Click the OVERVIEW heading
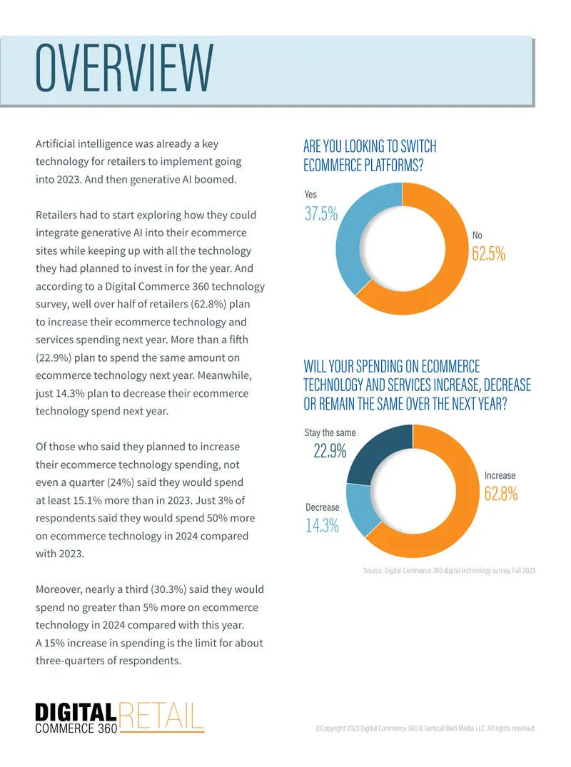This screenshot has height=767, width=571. [124, 68]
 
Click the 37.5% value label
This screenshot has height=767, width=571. [321, 214]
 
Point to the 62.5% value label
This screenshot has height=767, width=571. [488, 253]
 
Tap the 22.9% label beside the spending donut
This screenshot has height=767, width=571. [330, 450]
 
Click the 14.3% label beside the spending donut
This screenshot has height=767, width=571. [322, 525]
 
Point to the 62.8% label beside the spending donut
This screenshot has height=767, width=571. [501, 494]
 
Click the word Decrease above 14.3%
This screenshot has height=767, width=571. [323, 507]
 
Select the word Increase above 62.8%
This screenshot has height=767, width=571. [500, 475]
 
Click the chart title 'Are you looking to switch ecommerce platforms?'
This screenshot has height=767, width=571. [370, 156]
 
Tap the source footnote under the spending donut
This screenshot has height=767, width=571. [449, 570]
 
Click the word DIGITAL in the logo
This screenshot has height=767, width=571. [76, 712]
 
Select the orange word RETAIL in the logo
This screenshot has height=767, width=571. [161, 716]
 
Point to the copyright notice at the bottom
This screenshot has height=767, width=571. [425, 728]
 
